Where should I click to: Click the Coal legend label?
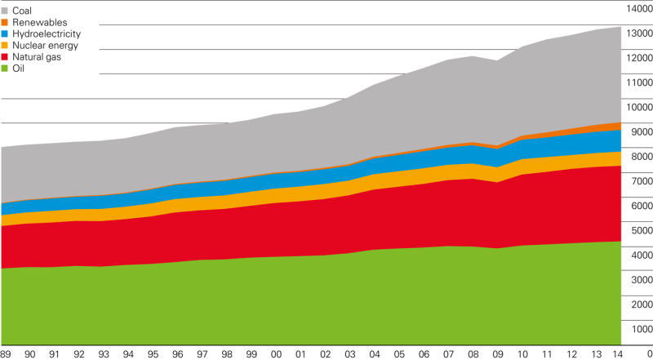22,10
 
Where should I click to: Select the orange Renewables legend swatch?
5,22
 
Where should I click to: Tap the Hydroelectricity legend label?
47,33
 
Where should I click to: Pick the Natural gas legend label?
37,57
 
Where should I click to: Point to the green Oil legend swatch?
5,69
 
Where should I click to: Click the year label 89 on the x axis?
7,353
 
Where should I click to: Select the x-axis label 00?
277,353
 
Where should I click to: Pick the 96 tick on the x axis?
177,353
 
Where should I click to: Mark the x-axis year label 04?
375,353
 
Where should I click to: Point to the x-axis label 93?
103,353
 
